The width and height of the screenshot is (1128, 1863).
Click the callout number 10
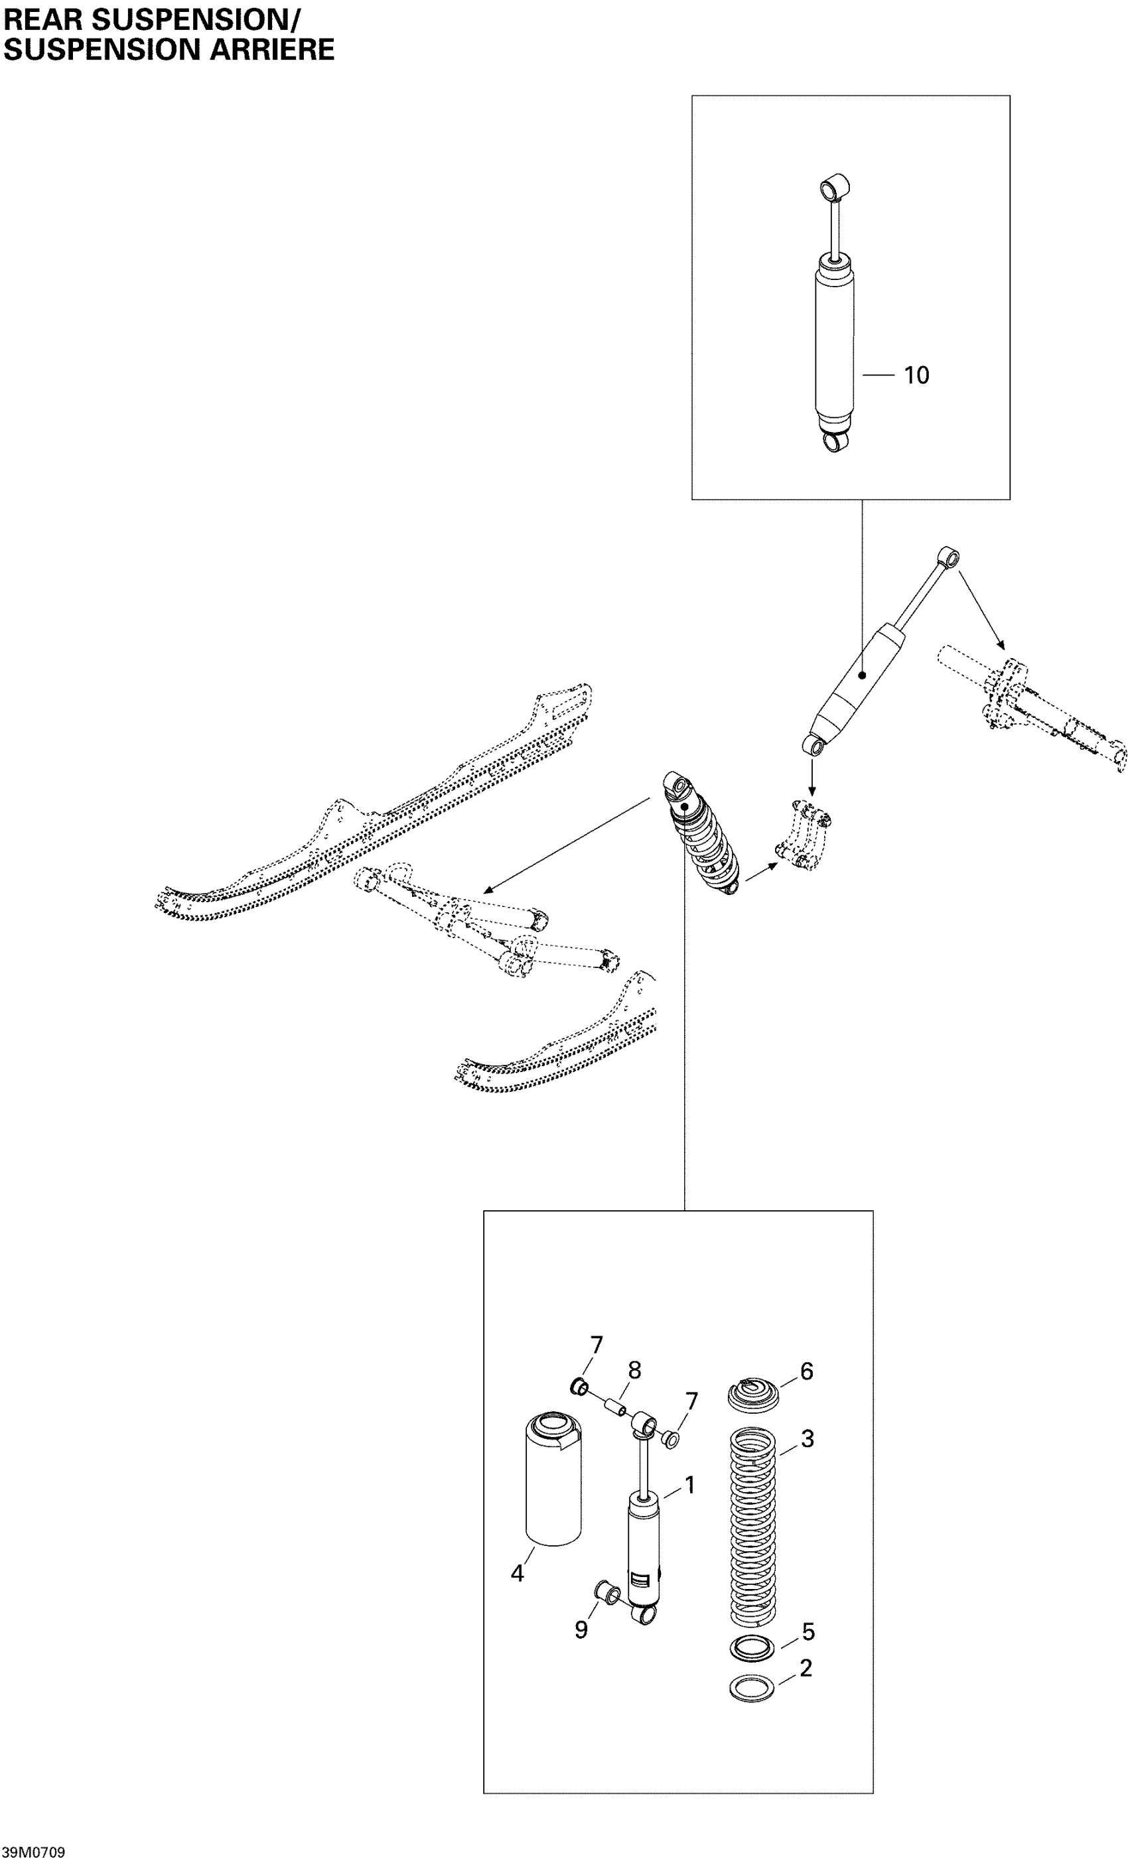(916, 375)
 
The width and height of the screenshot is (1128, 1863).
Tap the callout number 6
(806, 1371)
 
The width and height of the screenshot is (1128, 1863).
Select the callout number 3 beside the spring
(808, 1438)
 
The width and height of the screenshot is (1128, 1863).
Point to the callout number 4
(517, 1574)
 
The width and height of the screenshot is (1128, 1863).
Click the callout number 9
(581, 1630)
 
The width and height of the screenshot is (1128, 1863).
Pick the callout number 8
(634, 1370)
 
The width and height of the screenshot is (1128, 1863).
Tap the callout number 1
(689, 1485)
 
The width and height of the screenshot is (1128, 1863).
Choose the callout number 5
(808, 1631)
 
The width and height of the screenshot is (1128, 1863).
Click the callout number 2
(806, 1668)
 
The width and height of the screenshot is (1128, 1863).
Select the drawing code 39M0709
(33, 1852)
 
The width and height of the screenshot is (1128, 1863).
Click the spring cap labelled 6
(753, 1392)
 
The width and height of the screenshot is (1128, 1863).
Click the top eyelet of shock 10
(835, 185)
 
